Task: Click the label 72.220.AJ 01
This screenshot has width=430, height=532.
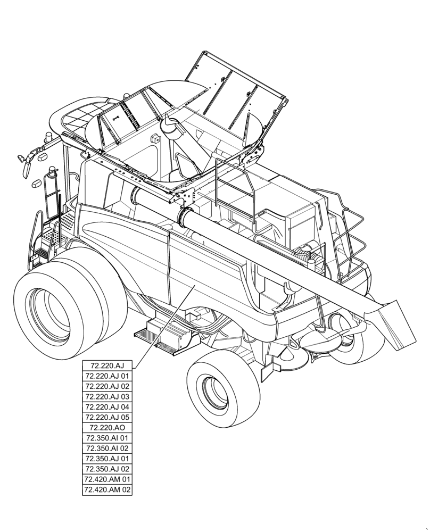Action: click(x=107, y=376)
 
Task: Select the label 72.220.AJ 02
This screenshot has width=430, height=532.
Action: click(x=107, y=386)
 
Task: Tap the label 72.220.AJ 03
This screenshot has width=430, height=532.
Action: click(x=107, y=397)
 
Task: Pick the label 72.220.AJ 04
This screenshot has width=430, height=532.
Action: click(x=107, y=407)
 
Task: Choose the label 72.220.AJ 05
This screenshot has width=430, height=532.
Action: click(x=107, y=417)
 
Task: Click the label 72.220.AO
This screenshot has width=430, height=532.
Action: click(x=107, y=428)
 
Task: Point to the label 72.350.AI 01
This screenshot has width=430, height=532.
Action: click(x=107, y=438)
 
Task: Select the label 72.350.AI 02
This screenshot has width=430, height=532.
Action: click(x=107, y=448)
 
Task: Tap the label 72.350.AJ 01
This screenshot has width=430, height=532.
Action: click(x=107, y=459)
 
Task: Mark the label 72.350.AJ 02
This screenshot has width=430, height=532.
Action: click(x=107, y=469)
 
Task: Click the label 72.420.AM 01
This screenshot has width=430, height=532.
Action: click(x=107, y=479)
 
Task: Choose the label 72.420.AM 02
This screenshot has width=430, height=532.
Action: click(x=107, y=489)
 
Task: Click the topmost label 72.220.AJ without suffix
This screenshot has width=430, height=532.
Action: click(x=107, y=366)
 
